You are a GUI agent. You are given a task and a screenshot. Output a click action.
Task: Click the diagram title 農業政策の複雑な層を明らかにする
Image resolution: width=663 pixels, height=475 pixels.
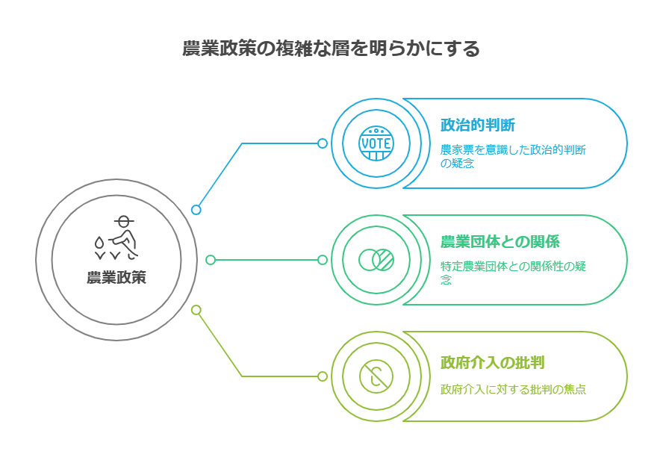[331, 49]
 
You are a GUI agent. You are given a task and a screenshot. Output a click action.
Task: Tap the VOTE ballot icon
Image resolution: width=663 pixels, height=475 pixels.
[376, 143]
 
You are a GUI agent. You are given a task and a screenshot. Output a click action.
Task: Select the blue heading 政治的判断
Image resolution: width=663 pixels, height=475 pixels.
[477, 125]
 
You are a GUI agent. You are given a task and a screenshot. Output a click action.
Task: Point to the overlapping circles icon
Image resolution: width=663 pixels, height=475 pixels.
[376, 260]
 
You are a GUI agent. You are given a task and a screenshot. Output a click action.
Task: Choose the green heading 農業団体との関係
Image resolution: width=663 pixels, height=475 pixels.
[499, 242]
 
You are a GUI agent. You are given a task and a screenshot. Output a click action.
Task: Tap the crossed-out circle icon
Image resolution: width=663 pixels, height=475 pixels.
[376, 376]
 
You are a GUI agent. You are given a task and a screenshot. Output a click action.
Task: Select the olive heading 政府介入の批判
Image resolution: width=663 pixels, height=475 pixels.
[492, 363]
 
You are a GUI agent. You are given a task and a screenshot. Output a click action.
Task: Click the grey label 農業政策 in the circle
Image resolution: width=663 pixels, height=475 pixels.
[116, 278]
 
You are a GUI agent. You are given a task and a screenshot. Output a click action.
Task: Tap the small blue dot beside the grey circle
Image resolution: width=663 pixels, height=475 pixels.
[196, 210]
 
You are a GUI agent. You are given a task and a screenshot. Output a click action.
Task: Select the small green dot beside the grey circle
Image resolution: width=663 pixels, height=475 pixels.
[211, 260]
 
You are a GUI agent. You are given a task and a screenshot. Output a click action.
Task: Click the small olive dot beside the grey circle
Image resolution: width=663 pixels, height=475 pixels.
[196, 309]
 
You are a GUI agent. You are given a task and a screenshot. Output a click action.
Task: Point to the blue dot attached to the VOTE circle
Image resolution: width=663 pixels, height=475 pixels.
[323, 143]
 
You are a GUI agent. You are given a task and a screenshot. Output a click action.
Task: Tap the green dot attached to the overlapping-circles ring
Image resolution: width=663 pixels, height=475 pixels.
[323, 260]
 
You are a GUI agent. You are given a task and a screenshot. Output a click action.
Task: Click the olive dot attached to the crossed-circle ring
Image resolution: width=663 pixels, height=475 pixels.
[323, 376]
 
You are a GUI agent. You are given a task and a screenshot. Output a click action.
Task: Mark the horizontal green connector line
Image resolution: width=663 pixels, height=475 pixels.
[266, 260]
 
